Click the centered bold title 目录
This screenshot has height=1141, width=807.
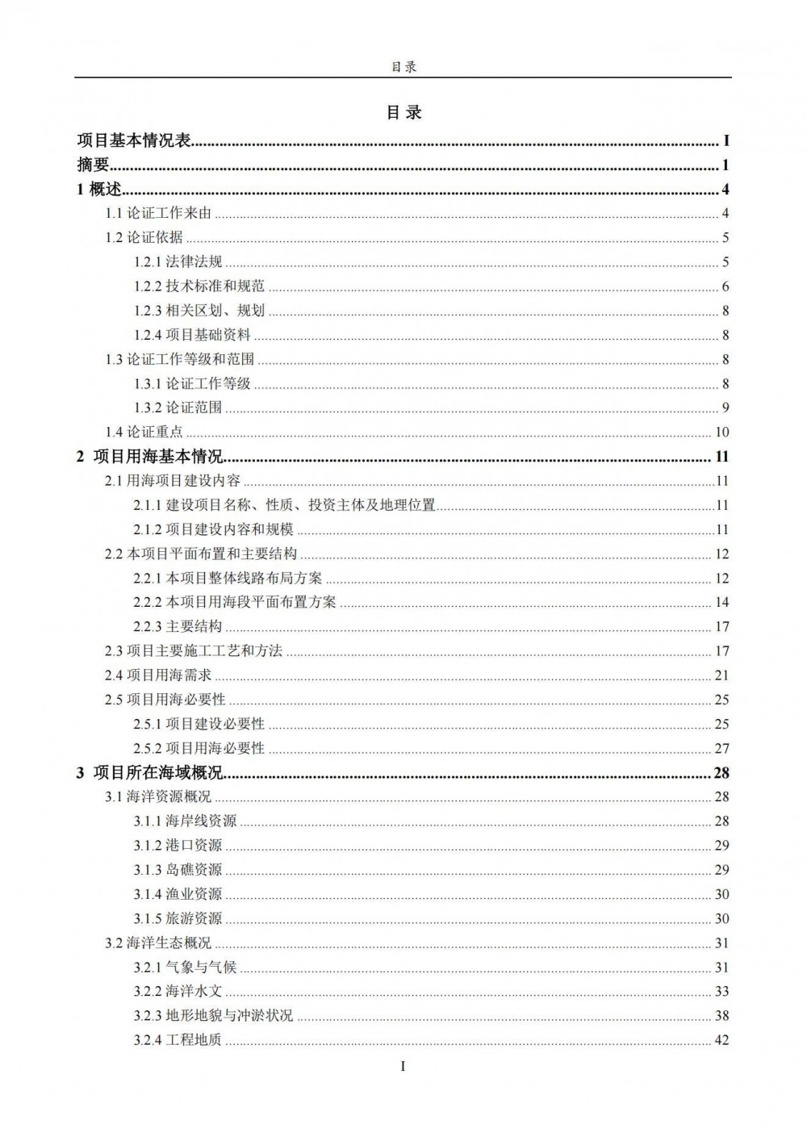403,112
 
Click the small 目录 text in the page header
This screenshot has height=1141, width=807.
403,67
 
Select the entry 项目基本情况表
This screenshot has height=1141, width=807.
134,141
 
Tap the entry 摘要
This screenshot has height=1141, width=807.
93,165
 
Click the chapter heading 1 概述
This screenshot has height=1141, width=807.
98,190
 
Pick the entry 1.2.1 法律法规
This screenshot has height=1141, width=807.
178,261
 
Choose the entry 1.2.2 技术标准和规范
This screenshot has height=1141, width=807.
199,286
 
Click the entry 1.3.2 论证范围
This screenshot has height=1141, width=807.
178,407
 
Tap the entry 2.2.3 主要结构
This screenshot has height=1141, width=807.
178,626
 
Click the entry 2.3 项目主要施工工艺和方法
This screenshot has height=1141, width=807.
194,650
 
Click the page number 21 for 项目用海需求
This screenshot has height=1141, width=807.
721,675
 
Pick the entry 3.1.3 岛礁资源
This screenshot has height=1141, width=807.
178,870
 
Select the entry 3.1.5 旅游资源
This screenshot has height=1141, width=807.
178,918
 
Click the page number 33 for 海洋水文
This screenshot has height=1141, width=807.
721,992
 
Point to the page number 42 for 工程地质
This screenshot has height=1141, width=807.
721,1040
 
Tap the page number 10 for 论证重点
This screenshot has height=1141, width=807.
721,433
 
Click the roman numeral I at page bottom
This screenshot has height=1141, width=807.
403,1066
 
